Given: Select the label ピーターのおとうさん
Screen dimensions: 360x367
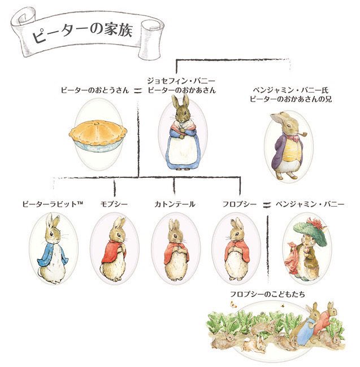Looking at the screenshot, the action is click(x=95, y=90).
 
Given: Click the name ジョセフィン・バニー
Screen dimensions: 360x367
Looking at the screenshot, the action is click(x=181, y=81).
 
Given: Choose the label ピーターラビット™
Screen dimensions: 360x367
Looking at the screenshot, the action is click(x=53, y=204).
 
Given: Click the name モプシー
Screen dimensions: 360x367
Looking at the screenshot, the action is click(x=114, y=204).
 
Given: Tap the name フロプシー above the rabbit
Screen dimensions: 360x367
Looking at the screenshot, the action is click(x=240, y=204).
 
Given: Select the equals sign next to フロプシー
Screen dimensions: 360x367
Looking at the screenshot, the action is click(x=266, y=204).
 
